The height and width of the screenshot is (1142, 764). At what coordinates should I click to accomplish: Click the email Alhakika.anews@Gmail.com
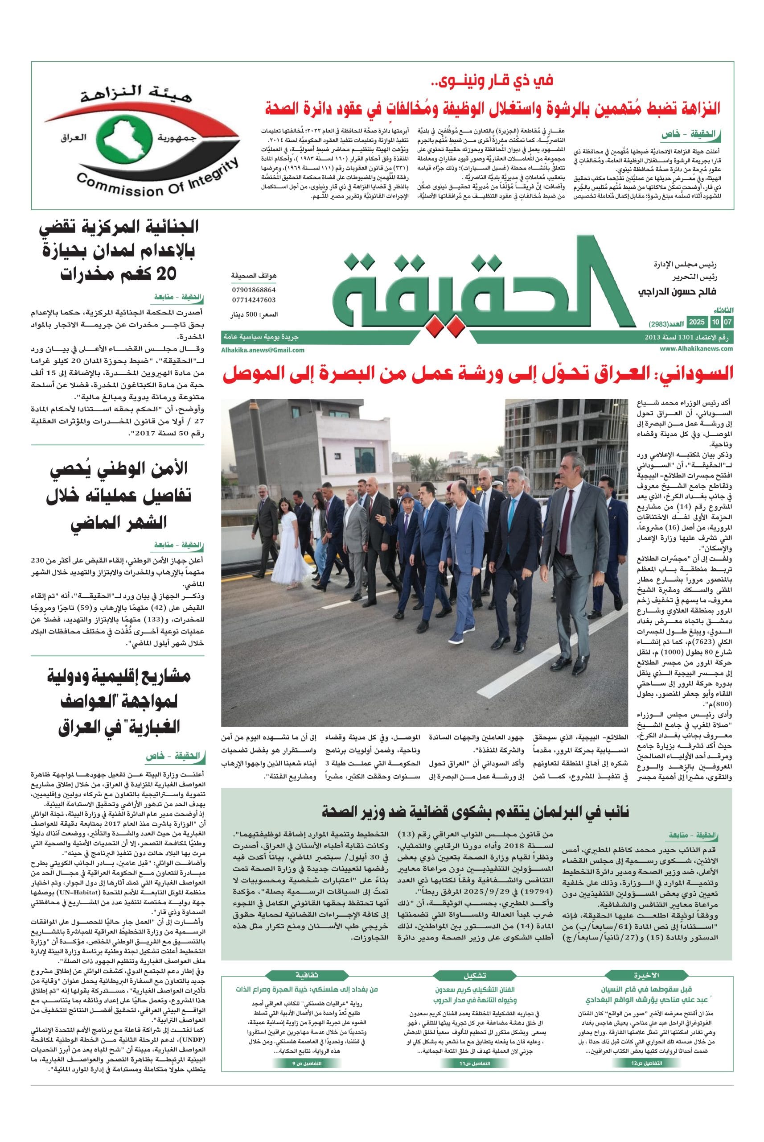263,350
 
